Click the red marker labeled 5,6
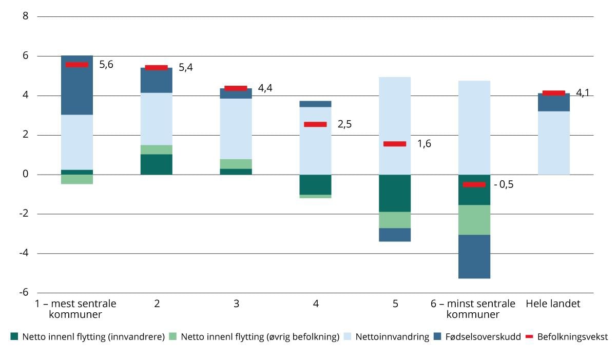tap(77, 65)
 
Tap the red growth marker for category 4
tap(315, 124)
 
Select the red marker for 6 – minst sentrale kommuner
tap(474, 184)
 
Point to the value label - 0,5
tap(503, 184)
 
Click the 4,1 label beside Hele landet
tap(583, 93)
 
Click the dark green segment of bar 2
tap(157, 164)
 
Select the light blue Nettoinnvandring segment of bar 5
tap(395, 126)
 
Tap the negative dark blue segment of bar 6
tap(474, 256)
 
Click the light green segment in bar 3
tap(236, 164)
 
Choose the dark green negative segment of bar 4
tap(315, 184)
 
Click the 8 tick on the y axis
tap(25, 16)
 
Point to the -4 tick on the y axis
tap(23, 253)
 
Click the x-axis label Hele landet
tap(553, 304)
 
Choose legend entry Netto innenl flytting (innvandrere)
tap(92, 337)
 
